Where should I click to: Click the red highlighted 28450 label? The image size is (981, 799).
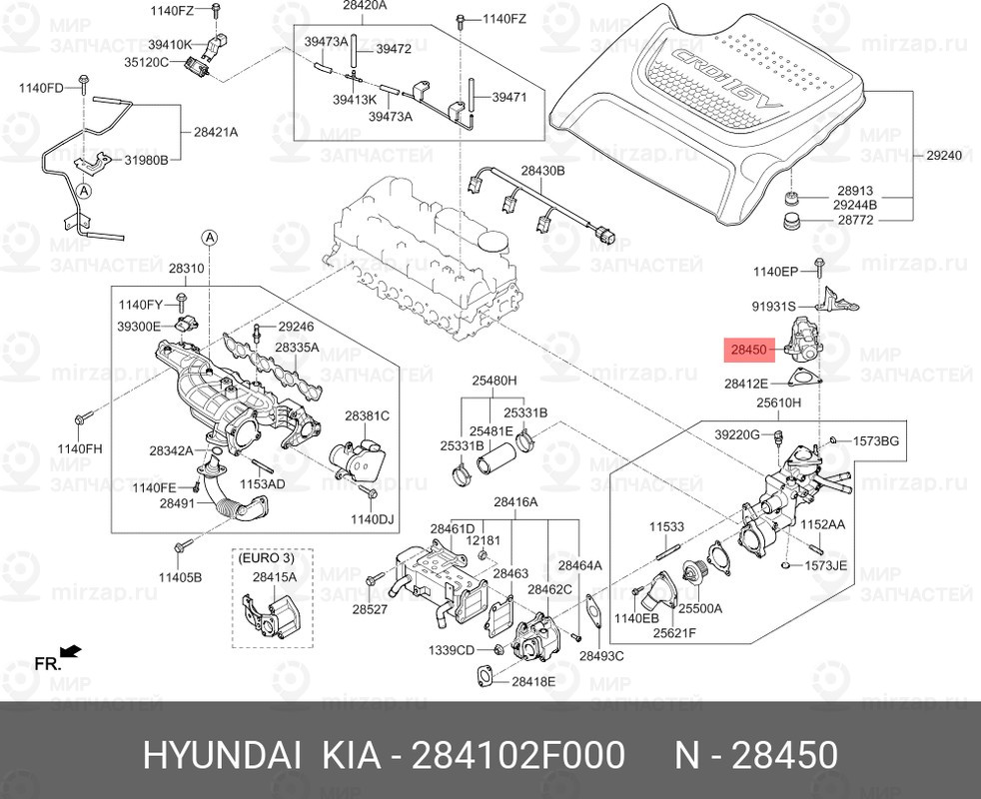coord(747,350)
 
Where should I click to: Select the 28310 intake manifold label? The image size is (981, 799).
coord(186,269)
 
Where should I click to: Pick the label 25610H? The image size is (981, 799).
coord(779,403)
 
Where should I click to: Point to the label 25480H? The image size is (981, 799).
coord(494,381)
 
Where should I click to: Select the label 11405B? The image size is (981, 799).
coord(182,577)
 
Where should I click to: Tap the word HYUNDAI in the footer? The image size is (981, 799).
coord(221,756)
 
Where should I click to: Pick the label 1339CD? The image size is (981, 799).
coord(452,650)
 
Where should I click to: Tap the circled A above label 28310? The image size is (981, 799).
coord(210,237)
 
